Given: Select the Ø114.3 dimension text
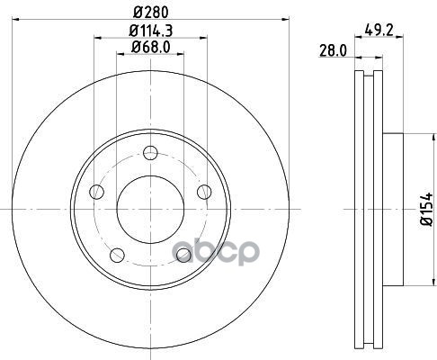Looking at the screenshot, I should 150,31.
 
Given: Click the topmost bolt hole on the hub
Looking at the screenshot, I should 150,150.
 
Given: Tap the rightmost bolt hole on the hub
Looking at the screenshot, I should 204,190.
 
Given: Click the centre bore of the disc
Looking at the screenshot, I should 150,207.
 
